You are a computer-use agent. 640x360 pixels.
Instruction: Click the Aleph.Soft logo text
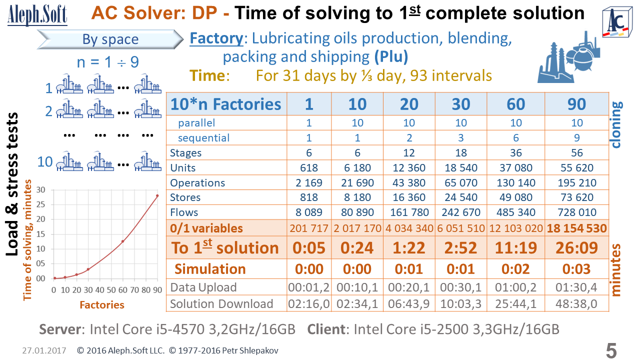tap(37, 13)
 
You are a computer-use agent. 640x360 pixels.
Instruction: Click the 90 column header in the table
tap(576, 104)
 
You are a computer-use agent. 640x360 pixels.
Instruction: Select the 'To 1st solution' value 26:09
tap(576, 248)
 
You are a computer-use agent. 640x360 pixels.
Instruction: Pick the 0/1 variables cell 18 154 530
tap(576, 228)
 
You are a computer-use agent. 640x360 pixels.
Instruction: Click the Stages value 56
tap(576, 153)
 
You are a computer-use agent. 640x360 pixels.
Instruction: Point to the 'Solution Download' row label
tap(221, 304)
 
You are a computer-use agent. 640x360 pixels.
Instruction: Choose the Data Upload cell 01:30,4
tap(576, 287)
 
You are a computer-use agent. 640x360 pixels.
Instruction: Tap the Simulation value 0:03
tap(576, 269)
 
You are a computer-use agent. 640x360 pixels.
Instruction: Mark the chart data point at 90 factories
tap(157, 195)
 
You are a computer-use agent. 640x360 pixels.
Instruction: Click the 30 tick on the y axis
tap(41, 189)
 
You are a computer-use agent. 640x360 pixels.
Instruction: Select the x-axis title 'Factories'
tap(102, 305)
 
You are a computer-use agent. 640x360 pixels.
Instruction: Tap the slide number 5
tap(611, 350)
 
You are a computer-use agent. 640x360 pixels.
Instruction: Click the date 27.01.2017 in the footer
tap(44, 350)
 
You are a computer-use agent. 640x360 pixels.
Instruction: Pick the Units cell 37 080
tap(515, 168)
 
